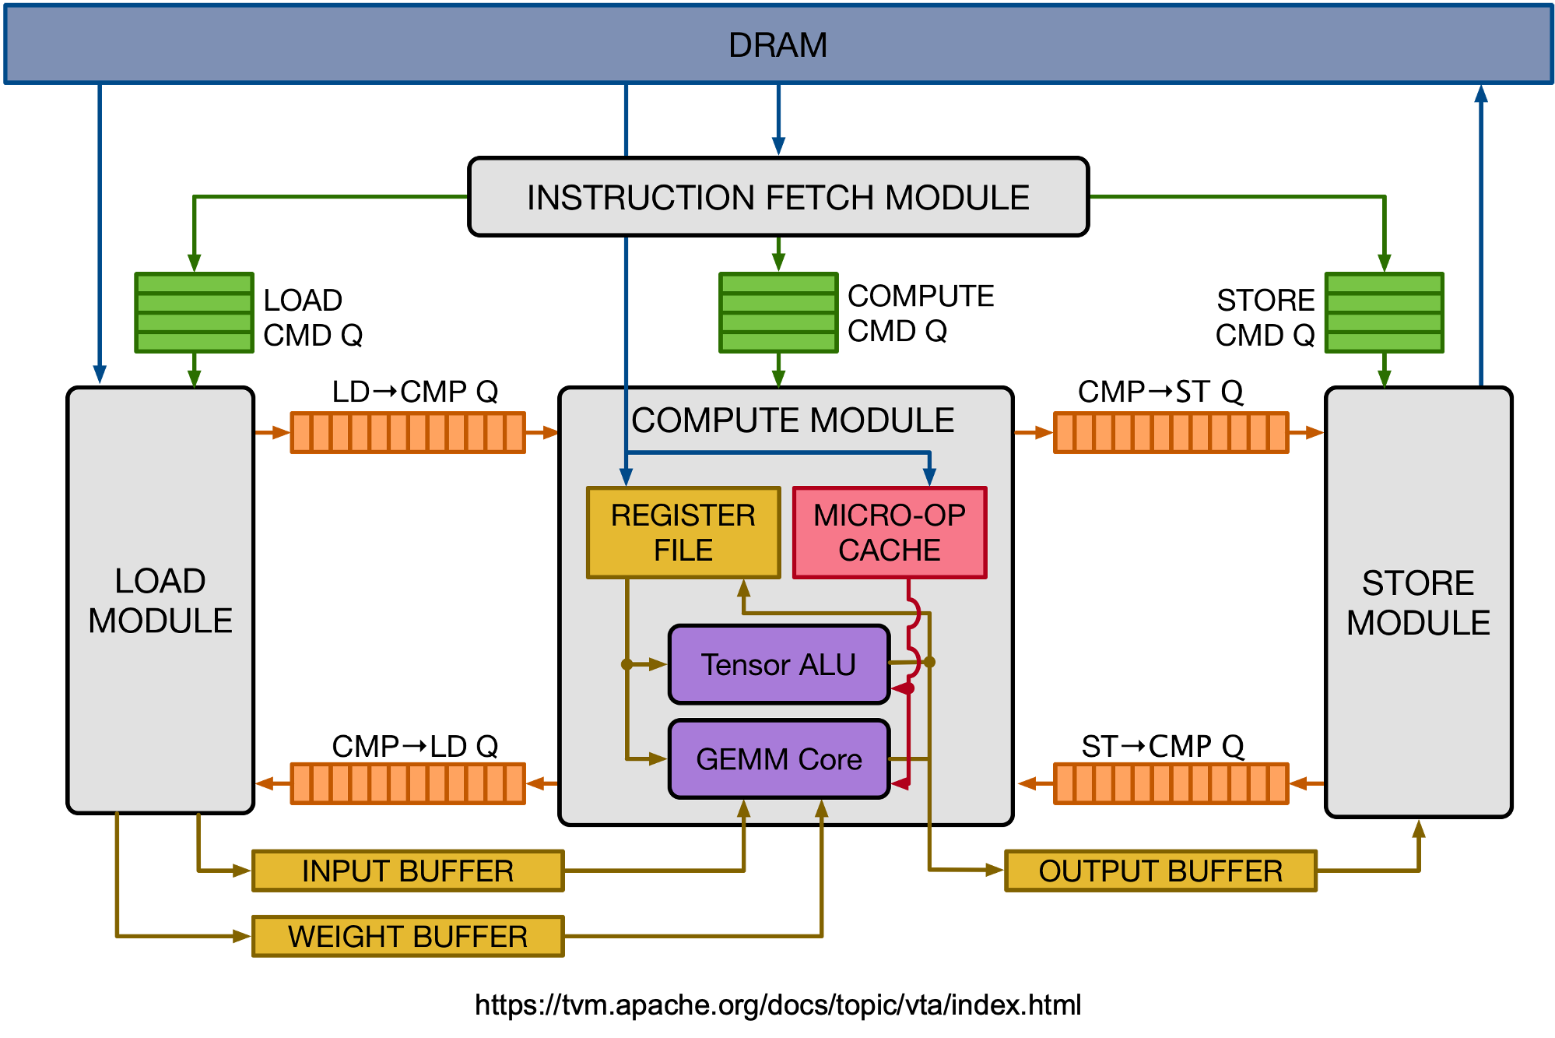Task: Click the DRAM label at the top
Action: click(x=777, y=45)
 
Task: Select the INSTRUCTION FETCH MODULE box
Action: click(x=777, y=197)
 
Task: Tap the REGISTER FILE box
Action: click(x=683, y=533)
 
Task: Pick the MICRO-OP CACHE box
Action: click(x=890, y=533)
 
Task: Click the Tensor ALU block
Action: click(x=778, y=664)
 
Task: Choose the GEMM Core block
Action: click(x=778, y=758)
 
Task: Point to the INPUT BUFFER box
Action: click(x=408, y=871)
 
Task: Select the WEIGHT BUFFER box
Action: click(x=408, y=936)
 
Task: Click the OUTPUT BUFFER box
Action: click(x=1160, y=871)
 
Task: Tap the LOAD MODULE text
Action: click(x=160, y=600)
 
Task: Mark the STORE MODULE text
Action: click(x=1418, y=603)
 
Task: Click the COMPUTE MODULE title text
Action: click(x=792, y=420)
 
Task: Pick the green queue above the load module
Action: click(x=195, y=312)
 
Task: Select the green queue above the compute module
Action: click(x=778, y=312)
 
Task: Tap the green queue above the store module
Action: click(x=1385, y=312)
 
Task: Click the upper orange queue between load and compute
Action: click(x=408, y=432)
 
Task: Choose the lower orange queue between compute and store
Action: click(x=1171, y=783)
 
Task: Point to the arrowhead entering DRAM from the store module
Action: click(x=1481, y=93)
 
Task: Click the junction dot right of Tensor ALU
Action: click(x=929, y=662)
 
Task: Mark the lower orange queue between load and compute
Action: click(x=408, y=783)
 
